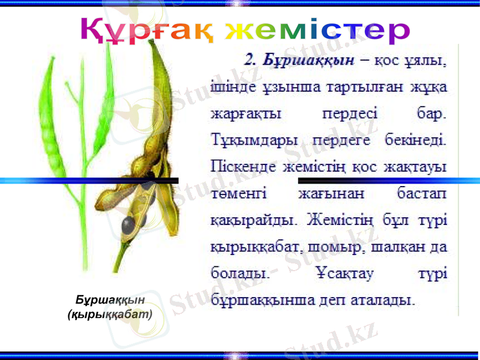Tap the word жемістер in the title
[316, 31]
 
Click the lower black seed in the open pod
[128, 225]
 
